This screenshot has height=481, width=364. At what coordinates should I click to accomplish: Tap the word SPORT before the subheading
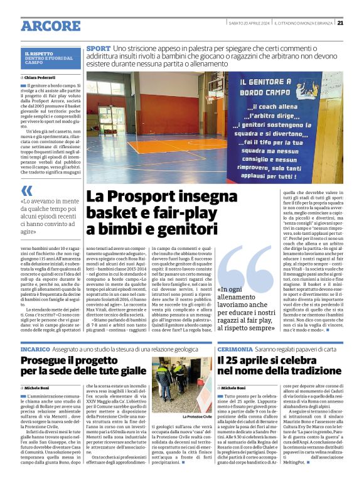coord(99,48)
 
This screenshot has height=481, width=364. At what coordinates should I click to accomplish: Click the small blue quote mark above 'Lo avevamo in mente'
coord(26,190)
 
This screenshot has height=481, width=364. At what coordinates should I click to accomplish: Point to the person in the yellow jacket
coord(164,389)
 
